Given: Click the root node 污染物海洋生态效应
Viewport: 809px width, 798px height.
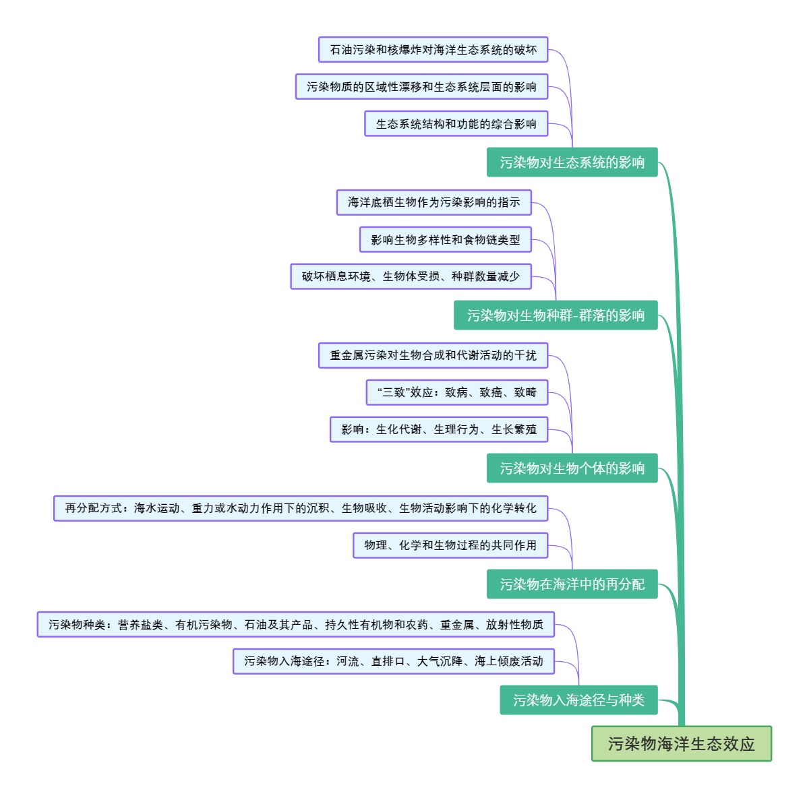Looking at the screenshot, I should [681, 743].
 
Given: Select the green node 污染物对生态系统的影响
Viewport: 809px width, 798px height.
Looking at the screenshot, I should [572, 162].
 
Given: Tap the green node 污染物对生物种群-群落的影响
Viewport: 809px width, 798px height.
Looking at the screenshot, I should [556, 315].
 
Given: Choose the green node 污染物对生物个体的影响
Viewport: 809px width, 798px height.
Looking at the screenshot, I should [572, 468].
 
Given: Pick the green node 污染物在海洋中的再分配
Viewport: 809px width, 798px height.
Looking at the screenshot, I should [572, 584].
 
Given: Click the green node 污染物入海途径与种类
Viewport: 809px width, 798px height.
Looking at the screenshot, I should [578, 700].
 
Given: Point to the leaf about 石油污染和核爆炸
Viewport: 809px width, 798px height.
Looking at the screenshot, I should [433, 50].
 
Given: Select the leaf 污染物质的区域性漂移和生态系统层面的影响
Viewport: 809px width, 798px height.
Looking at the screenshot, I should [421, 87].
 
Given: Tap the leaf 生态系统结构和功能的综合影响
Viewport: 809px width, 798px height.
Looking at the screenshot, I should [456, 124].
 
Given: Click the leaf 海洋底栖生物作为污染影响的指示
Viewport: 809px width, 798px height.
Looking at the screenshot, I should [433, 202].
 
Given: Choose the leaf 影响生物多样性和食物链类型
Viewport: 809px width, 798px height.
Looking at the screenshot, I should [445, 240].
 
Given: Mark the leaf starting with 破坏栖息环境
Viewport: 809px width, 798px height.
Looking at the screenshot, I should [411, 276].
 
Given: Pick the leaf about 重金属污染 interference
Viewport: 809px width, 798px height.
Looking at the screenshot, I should [433, 355].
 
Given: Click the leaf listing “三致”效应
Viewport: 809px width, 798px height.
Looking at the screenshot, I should [456, 392].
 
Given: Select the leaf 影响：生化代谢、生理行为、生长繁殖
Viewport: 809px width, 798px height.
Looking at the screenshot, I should [438, 429].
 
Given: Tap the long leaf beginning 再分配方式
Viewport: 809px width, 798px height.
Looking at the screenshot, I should [300, 508].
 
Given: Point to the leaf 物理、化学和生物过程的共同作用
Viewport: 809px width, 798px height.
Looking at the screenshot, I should [450, 545].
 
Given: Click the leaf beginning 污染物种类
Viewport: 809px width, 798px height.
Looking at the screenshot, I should [295, 625].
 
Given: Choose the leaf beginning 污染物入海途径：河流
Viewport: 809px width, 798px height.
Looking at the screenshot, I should [393, 661].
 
